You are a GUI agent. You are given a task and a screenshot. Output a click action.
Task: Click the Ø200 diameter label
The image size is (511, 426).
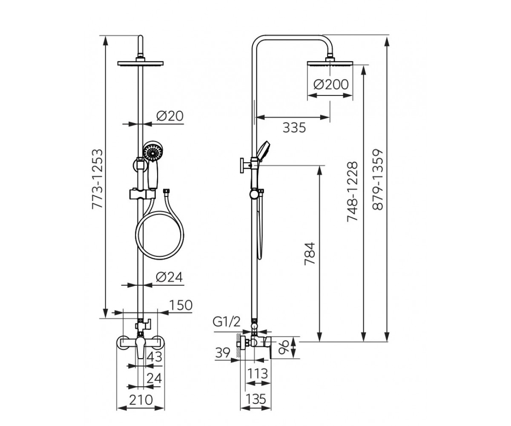[x=331, y=85]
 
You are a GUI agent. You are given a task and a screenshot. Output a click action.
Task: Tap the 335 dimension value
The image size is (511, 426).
[x=294, y=128]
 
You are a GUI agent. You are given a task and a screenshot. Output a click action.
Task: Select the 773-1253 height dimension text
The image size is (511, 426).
[x=97, y=179]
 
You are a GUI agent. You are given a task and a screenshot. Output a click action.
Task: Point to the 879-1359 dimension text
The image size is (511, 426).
[x=377, y=179]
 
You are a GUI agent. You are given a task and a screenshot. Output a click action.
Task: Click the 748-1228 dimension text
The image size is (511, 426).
[x=353, y=191]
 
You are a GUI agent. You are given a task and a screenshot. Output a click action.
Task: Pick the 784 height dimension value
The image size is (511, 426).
[x=310, y=253]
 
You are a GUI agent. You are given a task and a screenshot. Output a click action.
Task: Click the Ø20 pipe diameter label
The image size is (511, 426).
[x=170, y=116]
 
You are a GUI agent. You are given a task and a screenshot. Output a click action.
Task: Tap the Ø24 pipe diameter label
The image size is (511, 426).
[x=169, y=277]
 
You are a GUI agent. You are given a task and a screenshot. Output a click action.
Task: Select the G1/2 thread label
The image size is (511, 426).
[x=227, y=322]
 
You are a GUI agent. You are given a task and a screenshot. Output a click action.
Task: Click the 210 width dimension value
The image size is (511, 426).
[x=141, y=400]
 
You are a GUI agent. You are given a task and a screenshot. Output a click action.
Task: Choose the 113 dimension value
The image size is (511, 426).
[x=258, y=374]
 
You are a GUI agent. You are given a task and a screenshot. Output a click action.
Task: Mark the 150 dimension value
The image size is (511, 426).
[x=181, y=305]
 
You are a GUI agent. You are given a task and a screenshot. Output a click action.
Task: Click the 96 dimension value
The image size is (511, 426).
[x=284, y=348]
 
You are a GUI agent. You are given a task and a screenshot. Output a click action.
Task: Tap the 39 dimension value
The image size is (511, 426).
[x=223, y=353]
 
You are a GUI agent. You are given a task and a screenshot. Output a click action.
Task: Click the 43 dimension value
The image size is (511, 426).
[x=155, y=357]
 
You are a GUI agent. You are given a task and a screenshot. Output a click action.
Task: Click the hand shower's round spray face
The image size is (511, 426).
[x=153, y=151]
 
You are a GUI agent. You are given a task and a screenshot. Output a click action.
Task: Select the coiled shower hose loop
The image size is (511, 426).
[x=160, y=235]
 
